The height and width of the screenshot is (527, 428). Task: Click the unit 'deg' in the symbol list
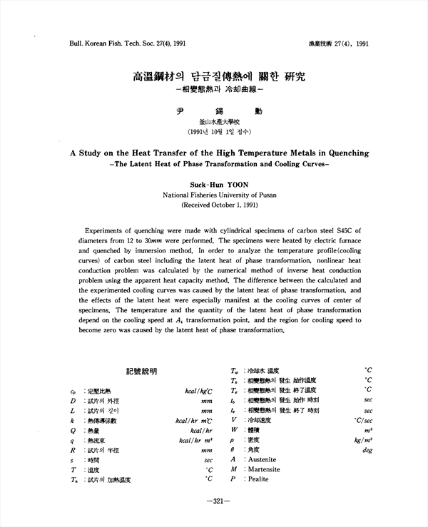click(367, 450)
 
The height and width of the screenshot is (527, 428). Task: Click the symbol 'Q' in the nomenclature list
click(73, 431)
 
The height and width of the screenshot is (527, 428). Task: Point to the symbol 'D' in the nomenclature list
click(73, 401)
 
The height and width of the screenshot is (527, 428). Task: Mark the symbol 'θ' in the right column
click(233, 450)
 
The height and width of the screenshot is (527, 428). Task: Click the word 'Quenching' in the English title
click(344, 153)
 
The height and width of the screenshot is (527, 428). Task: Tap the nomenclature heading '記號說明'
click(141, 372)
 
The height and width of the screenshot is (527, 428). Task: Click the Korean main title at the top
click(215, 76)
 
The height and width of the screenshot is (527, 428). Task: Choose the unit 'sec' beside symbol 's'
click(208, 461)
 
